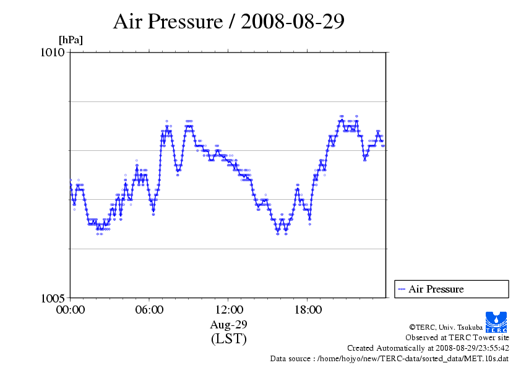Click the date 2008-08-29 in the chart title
[293, 22]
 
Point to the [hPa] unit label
[71, 40]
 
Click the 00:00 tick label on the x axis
[70, 310]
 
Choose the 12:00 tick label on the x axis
[228, 310]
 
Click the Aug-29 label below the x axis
[228, 325]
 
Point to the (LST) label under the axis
[228, 339]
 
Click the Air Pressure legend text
[436, 289]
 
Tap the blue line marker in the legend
[402, 289]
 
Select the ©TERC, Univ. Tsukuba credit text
[446, 327]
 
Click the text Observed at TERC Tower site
[457, 338]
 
